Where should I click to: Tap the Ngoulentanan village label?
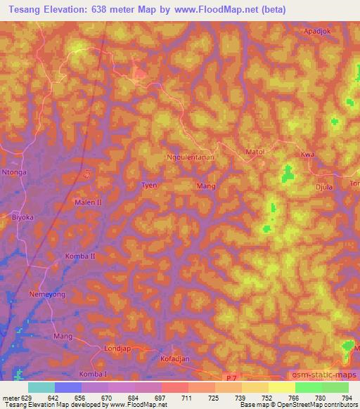pos(189,158)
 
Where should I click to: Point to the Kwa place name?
pos(307,152)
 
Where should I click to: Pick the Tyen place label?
pos(149,186)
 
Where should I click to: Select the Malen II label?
pos(88,202)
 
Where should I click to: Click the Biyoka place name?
pos(22,218)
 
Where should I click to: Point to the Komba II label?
pos(80,256)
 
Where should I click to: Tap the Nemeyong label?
pos(47,294)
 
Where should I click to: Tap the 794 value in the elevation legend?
pos(347,398)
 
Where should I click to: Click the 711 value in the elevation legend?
pos(187,398)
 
